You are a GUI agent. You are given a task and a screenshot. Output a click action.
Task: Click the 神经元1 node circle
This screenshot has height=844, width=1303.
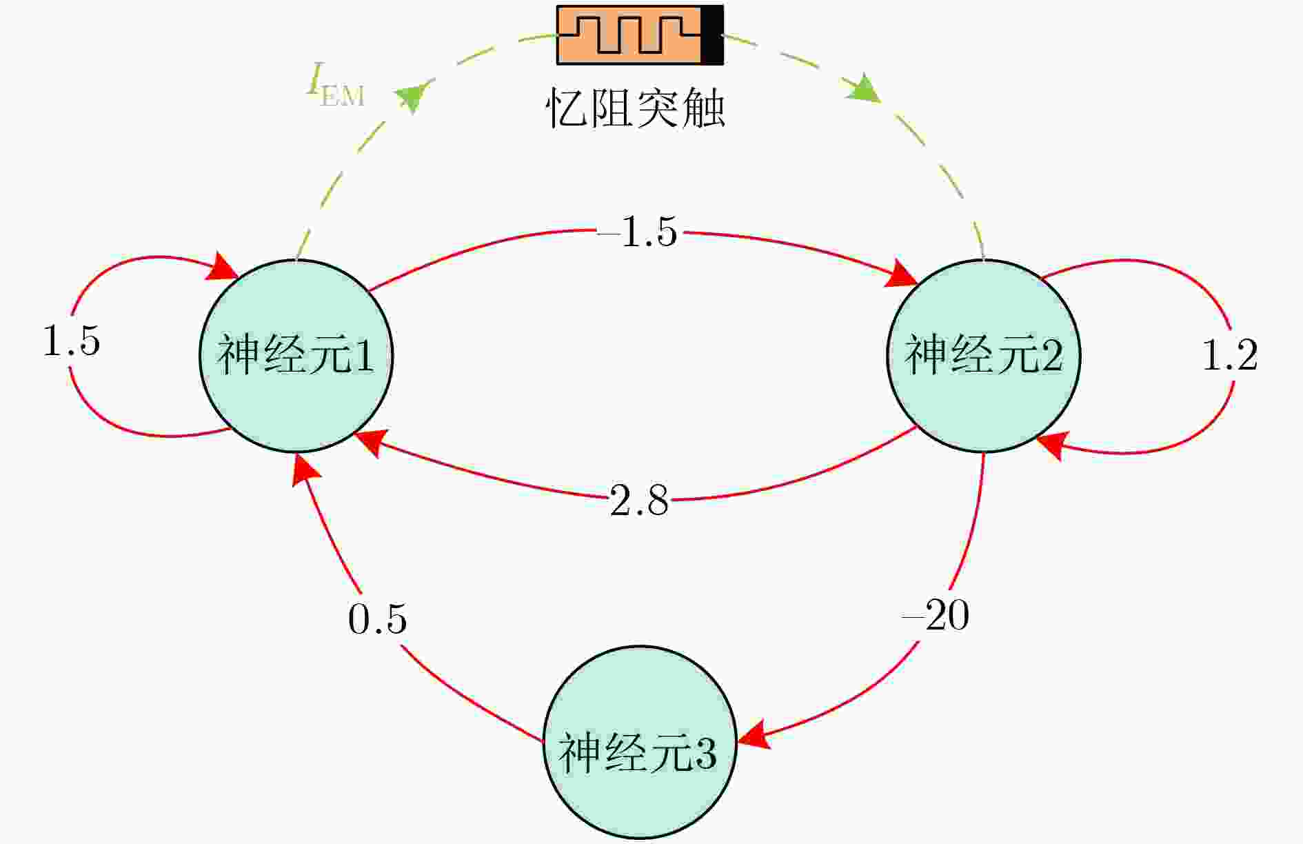pyautogui.click(x=296, y=356)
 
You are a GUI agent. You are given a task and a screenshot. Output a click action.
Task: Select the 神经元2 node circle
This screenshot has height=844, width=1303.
pyautogui.click(x=984, y=356)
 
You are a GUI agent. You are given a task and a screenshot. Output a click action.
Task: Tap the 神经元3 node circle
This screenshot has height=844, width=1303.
pyautogui.click(x=640, y=743)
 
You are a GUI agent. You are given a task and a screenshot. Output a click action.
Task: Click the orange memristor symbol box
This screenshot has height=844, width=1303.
pyautogui.click(x=629, y=35)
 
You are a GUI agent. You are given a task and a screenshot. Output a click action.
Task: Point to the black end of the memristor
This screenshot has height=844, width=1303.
pyautogui.click(x=712, y=35)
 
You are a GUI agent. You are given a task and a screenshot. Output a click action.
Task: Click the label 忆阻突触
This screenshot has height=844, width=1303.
pyautogui.click(x=636, y=109)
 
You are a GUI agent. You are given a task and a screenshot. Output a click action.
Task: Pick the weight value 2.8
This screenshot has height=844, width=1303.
pyautogui.click(x=639, y=500)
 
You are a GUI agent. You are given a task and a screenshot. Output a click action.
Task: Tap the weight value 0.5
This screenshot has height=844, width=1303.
pyautogui.click(x=377, y=619)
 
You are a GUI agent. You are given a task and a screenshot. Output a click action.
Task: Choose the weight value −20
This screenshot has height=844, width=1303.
pyautogui.click(x=936, y=614)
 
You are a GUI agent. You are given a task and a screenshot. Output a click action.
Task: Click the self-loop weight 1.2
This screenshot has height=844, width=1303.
pyautogui.click(x=1230, y=356)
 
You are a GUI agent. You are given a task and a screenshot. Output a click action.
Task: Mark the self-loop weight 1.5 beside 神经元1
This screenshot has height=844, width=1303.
pyautogui.click(x=71, y=341)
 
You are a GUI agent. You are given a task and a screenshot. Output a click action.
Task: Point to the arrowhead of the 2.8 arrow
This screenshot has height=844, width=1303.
pyautogui.click(x=369, y=441)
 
